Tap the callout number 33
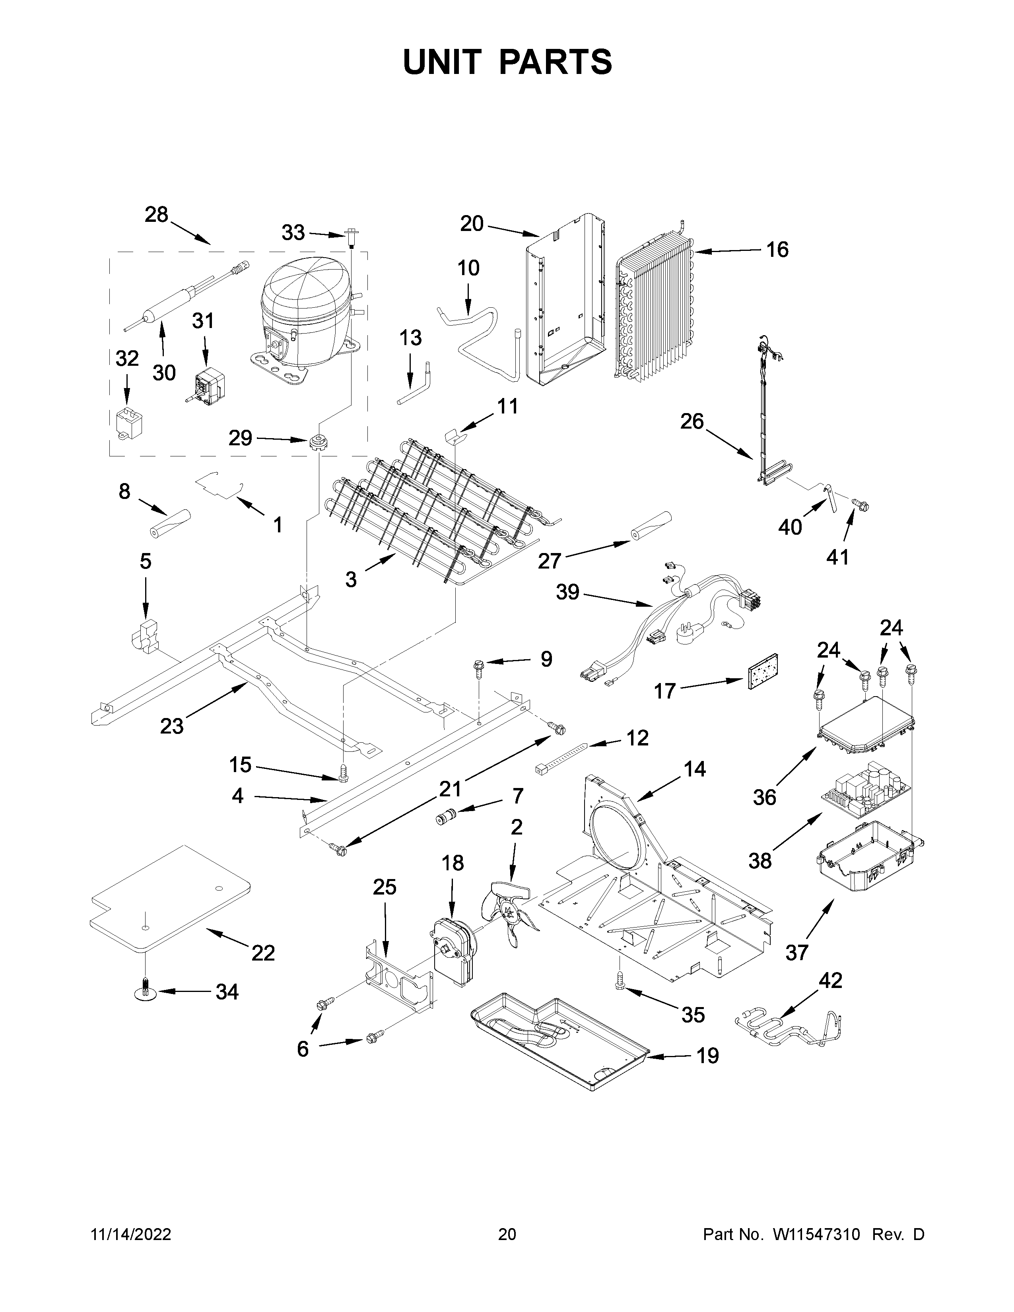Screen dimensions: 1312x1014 coord(293,233)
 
